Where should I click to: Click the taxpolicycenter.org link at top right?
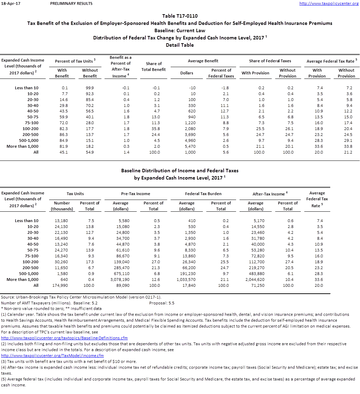[328, 3]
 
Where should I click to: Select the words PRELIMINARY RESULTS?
[71, 3]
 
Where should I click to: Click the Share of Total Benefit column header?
[154, 66]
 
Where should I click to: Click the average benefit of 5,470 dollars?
[191, 146]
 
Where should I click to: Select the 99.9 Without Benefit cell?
[90, 88]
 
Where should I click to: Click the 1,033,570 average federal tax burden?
[186, 280]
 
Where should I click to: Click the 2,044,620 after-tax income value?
[255, 280]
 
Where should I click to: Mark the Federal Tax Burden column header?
[203, 194]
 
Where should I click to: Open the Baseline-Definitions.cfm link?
[64, 338]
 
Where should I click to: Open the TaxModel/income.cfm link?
[52, 356]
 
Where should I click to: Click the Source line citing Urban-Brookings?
[81, 297]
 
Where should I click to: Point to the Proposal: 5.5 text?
[162, 303]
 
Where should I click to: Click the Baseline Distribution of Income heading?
[180, 171]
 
